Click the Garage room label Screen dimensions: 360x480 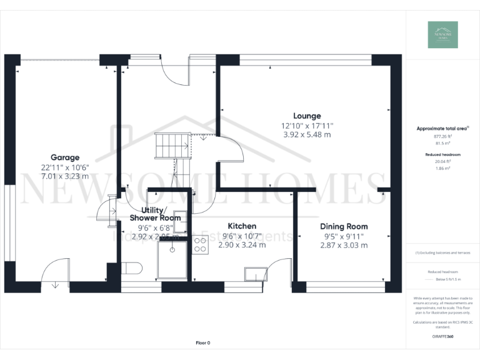click(x=65, y=157)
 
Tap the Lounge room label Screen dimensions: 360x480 click(x=307, y=116)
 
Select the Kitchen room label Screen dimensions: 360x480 click(x=242, y=226)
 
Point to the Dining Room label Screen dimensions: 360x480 click(x=344, y=226)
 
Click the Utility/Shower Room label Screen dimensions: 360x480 click(x=155, y=214)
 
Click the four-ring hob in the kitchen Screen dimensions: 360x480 click(x=201, y=245)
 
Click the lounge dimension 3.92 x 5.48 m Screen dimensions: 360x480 click(x=307, y=134)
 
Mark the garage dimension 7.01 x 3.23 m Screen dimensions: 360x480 click(x=65, y=176)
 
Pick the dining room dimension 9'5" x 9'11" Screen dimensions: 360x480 click(x=344, y=236)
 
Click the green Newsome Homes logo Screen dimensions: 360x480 click(x=442, y=35)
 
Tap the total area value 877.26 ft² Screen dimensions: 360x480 click(x=442, y=136)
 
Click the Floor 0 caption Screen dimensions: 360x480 click(x=203, y=343)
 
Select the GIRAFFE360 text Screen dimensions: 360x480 click(x=442, y=336)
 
